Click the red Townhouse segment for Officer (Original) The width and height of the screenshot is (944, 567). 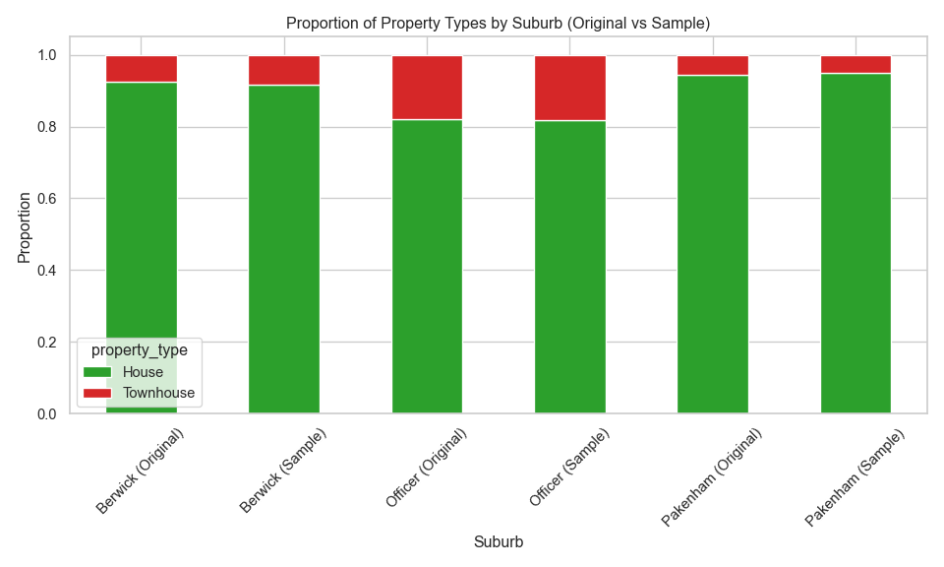(x=427, y=88)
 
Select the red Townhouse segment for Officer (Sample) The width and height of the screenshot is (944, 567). (x=570, y=89)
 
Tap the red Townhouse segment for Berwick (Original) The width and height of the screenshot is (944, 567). (x=142, y=69)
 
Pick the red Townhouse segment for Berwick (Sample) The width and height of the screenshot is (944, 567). (x=284, y=71)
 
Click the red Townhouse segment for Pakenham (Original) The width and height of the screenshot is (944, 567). (x=713, y=66)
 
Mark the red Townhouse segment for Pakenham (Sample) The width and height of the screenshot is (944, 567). (x=855, y=65)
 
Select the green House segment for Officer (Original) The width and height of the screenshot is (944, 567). (x=427, y=266)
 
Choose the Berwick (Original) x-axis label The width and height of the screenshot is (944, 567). (x=140, y=472)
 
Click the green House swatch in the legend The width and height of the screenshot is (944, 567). (x=97, y=372)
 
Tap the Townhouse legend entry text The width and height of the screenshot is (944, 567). (x=158, y=393)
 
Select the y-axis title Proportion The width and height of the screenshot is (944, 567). (x=24, y=227)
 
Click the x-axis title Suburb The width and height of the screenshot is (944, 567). (x=498, y=541)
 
